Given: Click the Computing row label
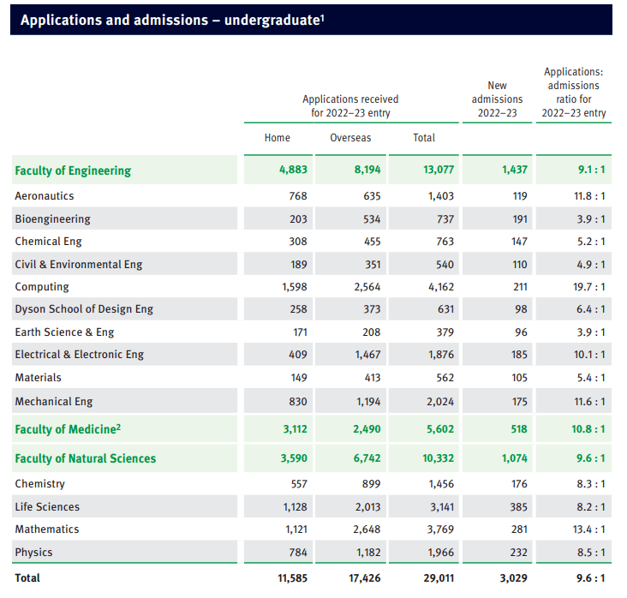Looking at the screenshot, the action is coord(42,287).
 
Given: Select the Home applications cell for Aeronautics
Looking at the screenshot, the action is coord(298,196).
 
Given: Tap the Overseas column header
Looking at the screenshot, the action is coord(350,138).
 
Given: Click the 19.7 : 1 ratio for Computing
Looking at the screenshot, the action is coord(589,287).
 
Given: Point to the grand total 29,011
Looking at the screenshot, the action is coord(439,578).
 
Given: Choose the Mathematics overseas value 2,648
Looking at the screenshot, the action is coord(367,529).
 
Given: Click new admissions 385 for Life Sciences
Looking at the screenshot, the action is coord(518,507).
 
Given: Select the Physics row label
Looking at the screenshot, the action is coord(33,553).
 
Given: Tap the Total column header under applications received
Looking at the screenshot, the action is coord(424,138).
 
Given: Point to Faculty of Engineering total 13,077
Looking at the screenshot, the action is coord(439,170).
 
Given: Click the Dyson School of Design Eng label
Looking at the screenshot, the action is coord(84,309).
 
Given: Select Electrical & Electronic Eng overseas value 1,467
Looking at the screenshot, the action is coord(367,355).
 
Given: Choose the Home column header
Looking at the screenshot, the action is coord(278,138).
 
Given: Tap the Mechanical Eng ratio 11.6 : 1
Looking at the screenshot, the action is coord(589,402).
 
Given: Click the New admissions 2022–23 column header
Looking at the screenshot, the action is coord(497,99).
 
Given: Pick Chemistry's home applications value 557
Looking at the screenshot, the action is coord(299,484).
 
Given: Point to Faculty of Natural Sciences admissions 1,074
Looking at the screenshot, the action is coord(514,458).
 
